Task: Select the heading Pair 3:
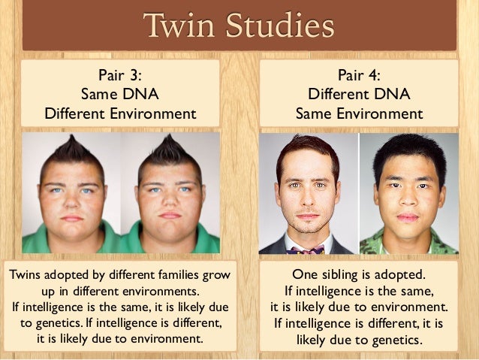120,74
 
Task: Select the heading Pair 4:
359,74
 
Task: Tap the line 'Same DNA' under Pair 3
120,95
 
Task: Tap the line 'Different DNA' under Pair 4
359,95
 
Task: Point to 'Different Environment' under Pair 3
120,114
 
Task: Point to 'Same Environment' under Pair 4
359,114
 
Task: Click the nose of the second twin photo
170,199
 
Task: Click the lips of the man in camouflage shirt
407,216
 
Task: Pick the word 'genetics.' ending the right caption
396,340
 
